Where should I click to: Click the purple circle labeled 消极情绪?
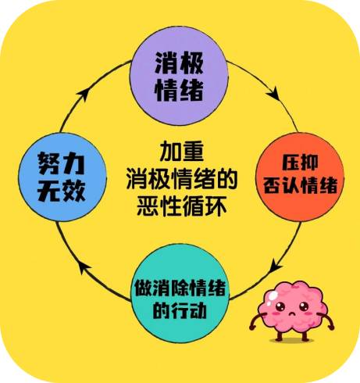179,76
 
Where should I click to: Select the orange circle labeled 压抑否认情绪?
300,177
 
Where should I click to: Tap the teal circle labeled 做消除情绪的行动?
180,294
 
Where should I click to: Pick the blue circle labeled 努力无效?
62,177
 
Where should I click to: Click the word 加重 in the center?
181,152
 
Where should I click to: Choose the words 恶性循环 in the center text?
181,206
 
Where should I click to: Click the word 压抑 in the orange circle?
300,163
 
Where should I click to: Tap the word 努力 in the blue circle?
62,163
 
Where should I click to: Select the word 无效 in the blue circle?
62,191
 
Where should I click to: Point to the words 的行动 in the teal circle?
180,310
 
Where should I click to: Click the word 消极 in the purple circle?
179,63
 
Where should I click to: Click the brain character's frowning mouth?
292,313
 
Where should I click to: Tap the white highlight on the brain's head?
273,295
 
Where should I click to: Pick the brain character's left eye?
280,306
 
